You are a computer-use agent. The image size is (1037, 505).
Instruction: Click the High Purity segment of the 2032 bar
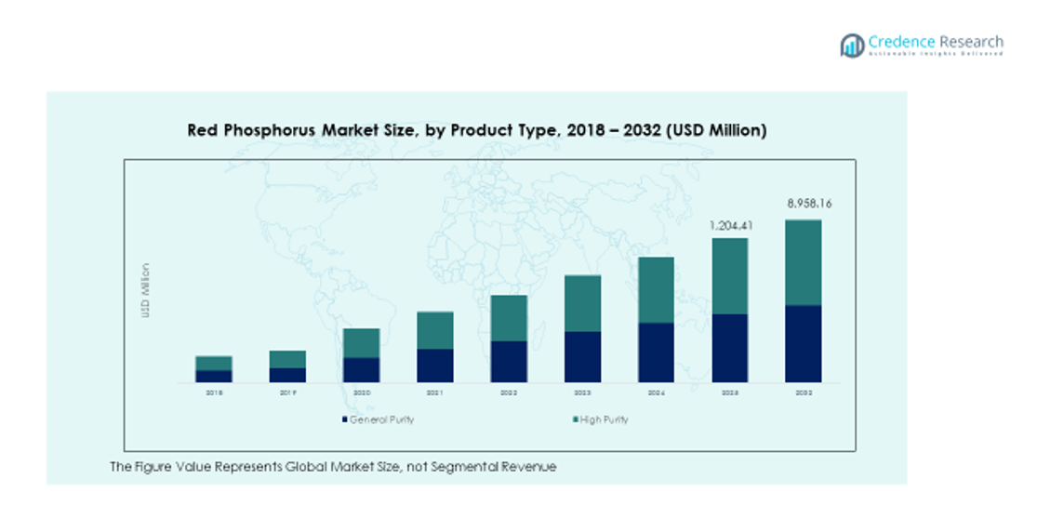click(x=804, y=262)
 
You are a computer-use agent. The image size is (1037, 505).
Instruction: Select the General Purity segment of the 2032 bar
click(x=804, y=343)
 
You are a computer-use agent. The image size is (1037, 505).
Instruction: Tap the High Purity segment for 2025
click(x=730, y=276)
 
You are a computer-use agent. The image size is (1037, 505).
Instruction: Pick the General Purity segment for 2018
click(x=214, y=376)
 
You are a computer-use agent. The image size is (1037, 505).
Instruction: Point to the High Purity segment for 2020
click(x=361, y=342)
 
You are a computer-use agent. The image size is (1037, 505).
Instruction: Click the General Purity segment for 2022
click(x=509, y=361)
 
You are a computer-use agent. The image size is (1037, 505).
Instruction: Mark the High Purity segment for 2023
click(x=582, y=303)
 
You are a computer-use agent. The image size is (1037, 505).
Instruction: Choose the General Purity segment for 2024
click(x=656, y=352)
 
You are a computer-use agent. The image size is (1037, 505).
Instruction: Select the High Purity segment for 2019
click(x=287, y=359)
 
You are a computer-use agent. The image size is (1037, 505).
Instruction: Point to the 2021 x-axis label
click(x=434, y=392)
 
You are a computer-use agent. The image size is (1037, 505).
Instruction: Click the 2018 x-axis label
click(x=214, y=392)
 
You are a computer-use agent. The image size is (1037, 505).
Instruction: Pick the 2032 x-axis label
click(x=804, y=392)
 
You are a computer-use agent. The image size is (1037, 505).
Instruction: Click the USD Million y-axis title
click(x=145, y=291)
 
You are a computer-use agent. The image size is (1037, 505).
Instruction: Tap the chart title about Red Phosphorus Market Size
click(x=477, y=131)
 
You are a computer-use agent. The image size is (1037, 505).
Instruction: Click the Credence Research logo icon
click(x=852, y=45)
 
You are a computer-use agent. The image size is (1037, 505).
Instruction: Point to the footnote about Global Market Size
click(x=333, y=467)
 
